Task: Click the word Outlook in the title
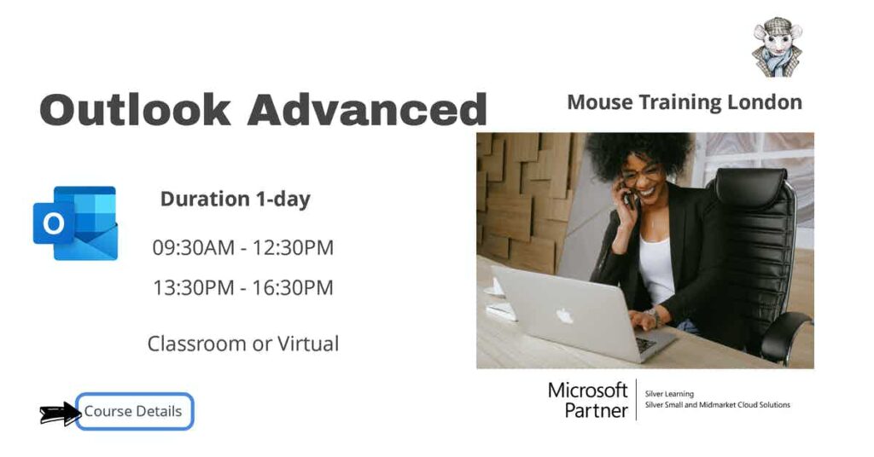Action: coord(135,110)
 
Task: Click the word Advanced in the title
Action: coord(367,110)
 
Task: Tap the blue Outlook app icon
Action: coord(75,223)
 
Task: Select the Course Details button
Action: coord(134,412)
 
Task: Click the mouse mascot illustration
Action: coord(777,48)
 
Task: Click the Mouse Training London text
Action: coord(685,102)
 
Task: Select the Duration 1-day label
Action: coord(236,200)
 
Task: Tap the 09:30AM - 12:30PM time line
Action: coord(243,248)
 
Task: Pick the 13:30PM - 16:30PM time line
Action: coord(243,288)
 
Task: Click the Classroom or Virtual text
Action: coord(243,344)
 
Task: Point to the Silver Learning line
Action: coord(670,394)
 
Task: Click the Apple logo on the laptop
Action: coord(564,316)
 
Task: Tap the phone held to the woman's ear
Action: coord(631,197)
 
